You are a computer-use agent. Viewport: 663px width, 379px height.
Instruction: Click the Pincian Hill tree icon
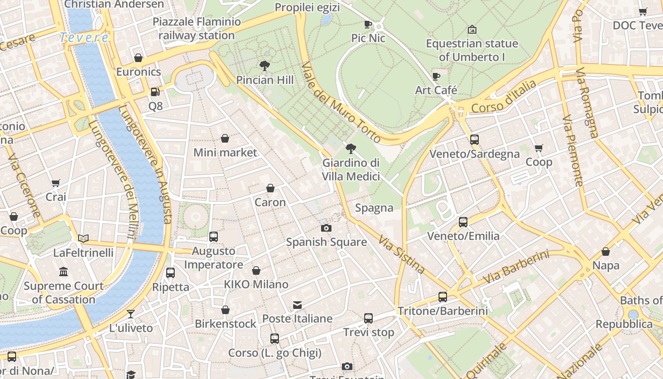pos(265,66)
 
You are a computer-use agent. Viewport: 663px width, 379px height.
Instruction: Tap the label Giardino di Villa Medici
pos(351,170)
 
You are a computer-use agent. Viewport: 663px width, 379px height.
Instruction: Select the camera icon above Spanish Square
pos(326,228)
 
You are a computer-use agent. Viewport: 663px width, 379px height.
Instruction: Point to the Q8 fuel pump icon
pos(155,91)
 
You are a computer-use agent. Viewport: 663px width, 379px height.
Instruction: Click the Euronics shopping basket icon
pos(138,58)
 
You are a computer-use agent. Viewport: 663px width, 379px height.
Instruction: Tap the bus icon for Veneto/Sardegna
pos(474,140)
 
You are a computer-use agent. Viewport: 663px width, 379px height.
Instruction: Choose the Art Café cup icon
pos(436,76)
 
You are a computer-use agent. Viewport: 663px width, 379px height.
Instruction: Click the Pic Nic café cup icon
pos(368,24)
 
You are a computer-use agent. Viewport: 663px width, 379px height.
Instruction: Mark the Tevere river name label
pos(84,37)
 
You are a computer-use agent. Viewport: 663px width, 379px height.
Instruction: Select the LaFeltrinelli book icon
pos(83,238)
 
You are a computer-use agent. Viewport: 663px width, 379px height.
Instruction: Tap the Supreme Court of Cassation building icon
pos(63,272)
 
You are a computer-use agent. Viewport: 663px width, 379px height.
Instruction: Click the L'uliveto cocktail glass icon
pos(131,314)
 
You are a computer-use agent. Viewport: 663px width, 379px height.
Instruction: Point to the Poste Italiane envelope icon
pos(297,305)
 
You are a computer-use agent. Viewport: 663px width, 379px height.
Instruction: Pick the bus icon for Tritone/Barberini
pos(442,297)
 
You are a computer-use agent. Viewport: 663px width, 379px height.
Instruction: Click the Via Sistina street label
pos(402,254)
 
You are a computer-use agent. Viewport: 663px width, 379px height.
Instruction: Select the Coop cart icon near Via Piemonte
pos(538,148)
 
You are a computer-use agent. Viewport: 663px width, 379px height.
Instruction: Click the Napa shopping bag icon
pos(606,252)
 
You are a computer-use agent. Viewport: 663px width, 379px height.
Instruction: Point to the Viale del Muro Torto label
pos(341,102)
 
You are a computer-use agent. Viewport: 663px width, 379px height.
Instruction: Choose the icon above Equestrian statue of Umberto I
pos(472,29)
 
